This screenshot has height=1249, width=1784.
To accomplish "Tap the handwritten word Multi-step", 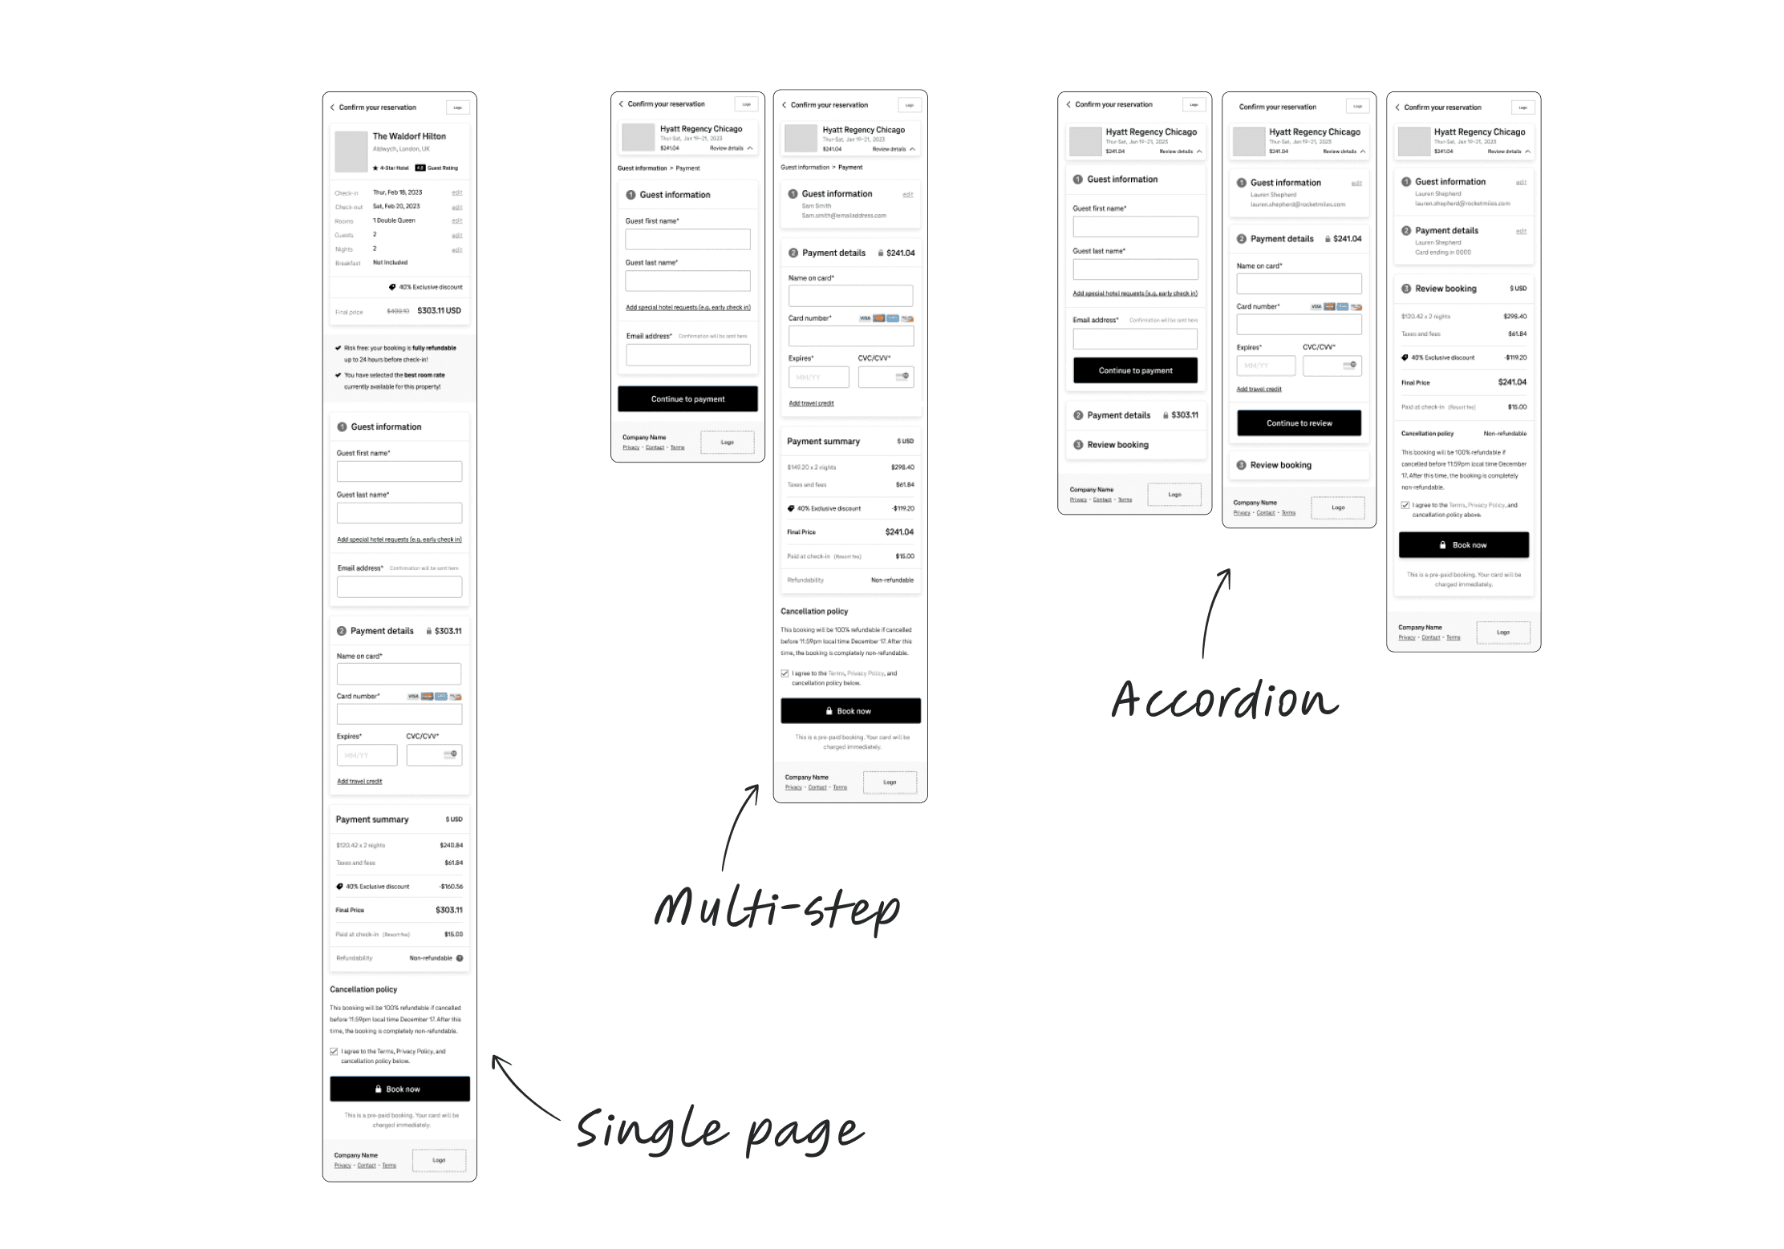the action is (776, 908).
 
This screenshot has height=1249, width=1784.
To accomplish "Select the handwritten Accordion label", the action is (1224, 699).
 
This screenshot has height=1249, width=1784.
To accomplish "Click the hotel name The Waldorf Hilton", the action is (409, 136).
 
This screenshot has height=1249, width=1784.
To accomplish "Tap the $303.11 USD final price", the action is (439, 310).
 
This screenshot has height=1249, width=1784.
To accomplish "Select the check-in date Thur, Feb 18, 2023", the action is (397, 192).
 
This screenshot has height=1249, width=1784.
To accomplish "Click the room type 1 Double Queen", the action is (394, 220).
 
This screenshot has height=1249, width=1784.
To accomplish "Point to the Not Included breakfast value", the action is (390, 262).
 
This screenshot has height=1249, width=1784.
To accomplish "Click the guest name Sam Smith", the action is (816, 206).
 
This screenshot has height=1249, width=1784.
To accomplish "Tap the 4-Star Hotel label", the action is (394, 168).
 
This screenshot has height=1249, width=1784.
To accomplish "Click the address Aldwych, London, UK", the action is (401, 149).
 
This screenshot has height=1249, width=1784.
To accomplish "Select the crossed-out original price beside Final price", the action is (398, 311).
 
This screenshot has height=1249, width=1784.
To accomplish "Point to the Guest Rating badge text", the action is (442, 168).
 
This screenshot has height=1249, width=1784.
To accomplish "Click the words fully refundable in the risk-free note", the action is (434, 348).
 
